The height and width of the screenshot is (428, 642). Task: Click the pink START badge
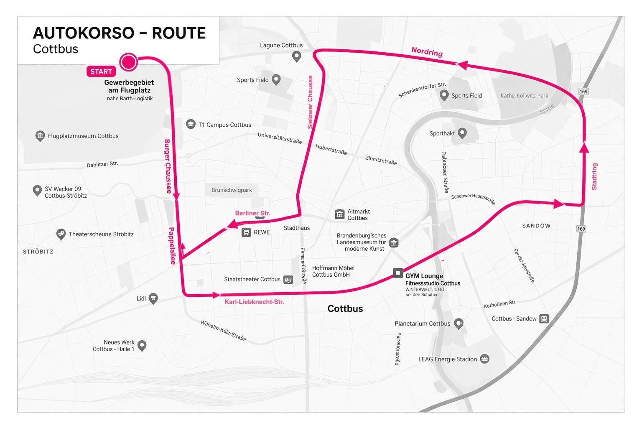coord(101,71)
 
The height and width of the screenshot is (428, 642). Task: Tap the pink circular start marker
coord(128,62)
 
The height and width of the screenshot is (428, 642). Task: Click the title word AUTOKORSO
coord(84,33)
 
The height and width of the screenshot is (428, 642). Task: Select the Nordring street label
coord(427,51)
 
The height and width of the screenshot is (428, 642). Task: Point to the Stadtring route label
coord(594,176)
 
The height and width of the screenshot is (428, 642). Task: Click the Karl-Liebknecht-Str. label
coord(254,302)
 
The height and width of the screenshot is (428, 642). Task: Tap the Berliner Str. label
coord(252,213)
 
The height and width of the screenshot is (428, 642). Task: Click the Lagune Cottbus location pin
coord(297,56)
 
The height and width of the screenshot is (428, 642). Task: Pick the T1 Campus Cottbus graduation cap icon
coord(191,124)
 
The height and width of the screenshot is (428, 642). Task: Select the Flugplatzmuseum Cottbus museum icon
coord(40,136)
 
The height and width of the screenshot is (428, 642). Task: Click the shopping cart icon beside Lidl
coord(153,298)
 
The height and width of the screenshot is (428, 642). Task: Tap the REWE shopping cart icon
coord(246,232)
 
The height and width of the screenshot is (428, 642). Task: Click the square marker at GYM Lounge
coord(397,273)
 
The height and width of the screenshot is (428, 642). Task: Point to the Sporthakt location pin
coord(462,133)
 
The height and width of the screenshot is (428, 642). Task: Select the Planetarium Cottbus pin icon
coord(459,323)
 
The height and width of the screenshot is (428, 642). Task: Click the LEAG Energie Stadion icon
coord(484,359)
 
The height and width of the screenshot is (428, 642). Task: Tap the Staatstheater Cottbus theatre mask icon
coord(288,280)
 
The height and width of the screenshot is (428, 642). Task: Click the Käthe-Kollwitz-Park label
coord(524,96)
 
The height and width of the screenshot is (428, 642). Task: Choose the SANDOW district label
coord(536,226)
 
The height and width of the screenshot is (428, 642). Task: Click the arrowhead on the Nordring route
coord(462,65)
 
